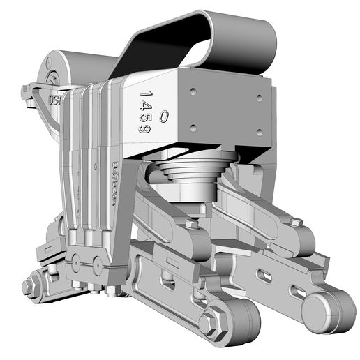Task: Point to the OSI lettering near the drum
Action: [x=54, y=100]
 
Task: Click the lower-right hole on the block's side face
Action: [x=259, y=132]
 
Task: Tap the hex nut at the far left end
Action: [x=30, y=286]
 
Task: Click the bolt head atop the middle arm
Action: [x=190, y=225]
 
